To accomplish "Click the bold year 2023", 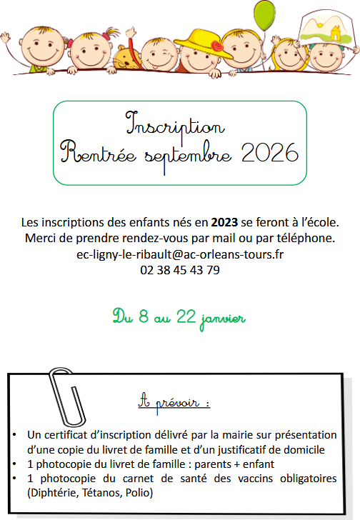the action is click(225, 221).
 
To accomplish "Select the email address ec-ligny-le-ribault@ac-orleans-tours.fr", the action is click(179, 254).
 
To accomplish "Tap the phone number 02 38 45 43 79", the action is click(179, 271).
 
